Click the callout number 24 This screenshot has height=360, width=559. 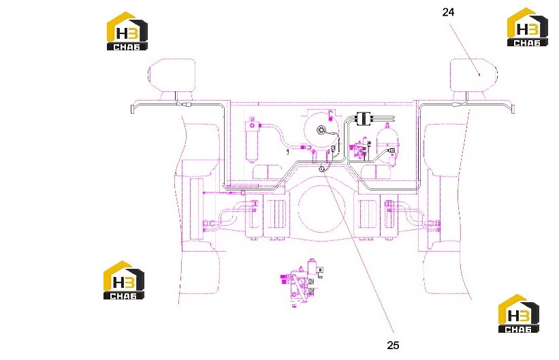pos(448,12)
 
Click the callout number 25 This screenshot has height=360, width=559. pos(393,345)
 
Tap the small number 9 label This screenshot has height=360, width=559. pos(287,152)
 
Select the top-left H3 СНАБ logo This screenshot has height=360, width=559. pos(127,31)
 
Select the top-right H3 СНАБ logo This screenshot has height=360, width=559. pos(528,27)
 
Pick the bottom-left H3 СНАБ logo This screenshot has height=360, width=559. pos(124,280)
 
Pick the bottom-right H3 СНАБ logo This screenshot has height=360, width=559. pos(519,314)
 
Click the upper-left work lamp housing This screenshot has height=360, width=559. pos(172,75)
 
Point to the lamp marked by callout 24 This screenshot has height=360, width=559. pos(473,75)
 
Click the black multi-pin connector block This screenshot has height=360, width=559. pos(364,118)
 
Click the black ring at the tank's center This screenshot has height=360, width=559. pos(320,130)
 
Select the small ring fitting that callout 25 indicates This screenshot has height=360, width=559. pos(322,169)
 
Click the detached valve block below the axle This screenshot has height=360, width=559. pos(302,282)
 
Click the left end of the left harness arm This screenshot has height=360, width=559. pos(132,109)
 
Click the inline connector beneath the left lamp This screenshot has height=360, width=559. pos(186,105)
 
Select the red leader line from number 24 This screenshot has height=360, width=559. pos(464,49)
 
